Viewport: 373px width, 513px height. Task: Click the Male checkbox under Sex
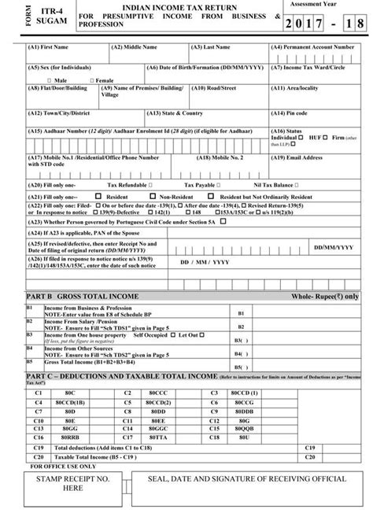(50, 80)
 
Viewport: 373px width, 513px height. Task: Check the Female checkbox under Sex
(92, 80)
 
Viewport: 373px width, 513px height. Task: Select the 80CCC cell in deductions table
(158, 391)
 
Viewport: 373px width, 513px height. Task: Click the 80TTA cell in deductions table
(158, 437)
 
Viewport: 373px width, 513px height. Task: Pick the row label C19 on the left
(39, 447)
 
